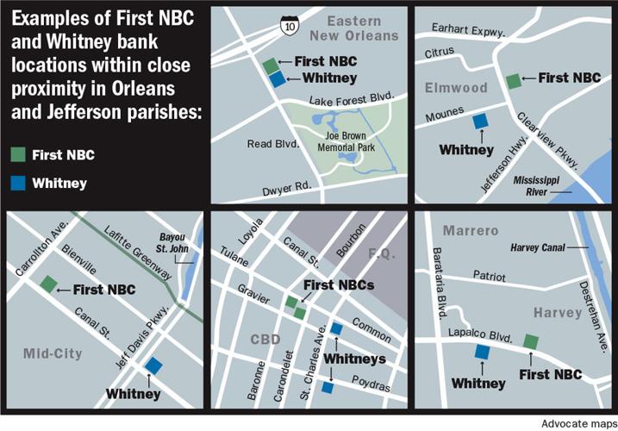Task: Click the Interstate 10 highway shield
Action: [x=284, y=28]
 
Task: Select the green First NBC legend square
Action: [x=17, y=155]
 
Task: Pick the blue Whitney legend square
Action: [x=17, y=183]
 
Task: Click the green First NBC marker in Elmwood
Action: [x=513, y=80]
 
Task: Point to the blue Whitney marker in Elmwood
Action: [x=478, y=122]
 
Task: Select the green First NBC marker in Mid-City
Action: [x=48, y=284]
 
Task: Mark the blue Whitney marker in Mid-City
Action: [x=153, y=365]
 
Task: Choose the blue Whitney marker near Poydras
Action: [x=328, y=388]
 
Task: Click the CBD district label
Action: [x=264, y=339]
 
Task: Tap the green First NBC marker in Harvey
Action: [x=531, y=341]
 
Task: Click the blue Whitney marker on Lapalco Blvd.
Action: [x=481, y=351]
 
